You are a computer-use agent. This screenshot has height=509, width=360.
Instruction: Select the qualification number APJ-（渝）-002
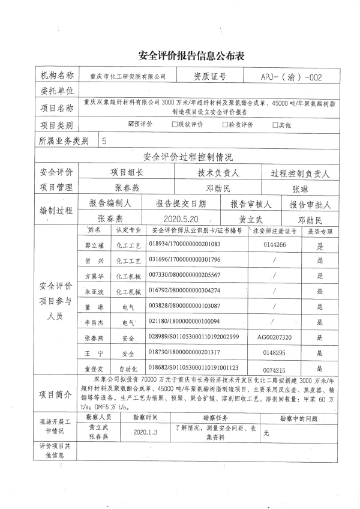292,77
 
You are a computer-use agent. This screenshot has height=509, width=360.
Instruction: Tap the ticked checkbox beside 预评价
131,125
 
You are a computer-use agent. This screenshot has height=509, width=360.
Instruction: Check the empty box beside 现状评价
175,125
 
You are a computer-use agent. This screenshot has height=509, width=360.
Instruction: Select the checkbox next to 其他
275,125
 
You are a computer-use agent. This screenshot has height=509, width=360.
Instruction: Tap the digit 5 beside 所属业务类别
106,142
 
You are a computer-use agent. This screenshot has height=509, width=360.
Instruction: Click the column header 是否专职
320,230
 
